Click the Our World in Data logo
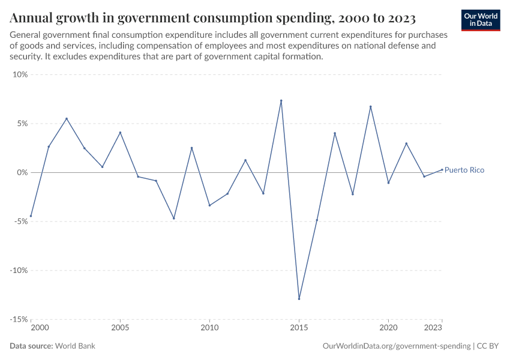click(481, 20)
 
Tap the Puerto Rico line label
click(464, 170)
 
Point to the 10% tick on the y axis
click(20, 75)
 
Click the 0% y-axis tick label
click(22, 173)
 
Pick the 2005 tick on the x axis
click(120, 328)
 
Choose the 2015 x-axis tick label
click(299, 328)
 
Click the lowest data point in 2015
click(299, 299)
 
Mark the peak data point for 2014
click(281, 101)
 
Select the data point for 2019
click(371, 107)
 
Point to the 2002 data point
click(67, 119)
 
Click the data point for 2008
click(174, 218)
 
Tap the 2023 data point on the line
click(442, 169)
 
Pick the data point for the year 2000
click(31, 216)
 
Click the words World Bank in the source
click(76, 346)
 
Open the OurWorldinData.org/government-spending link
click(396, 346)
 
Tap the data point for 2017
click(335, 133)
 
